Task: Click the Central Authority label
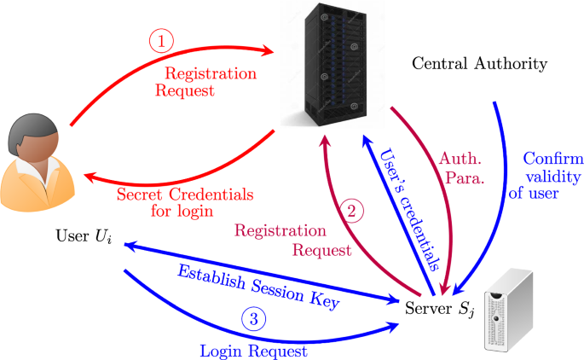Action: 478,64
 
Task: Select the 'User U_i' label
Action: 83,235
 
